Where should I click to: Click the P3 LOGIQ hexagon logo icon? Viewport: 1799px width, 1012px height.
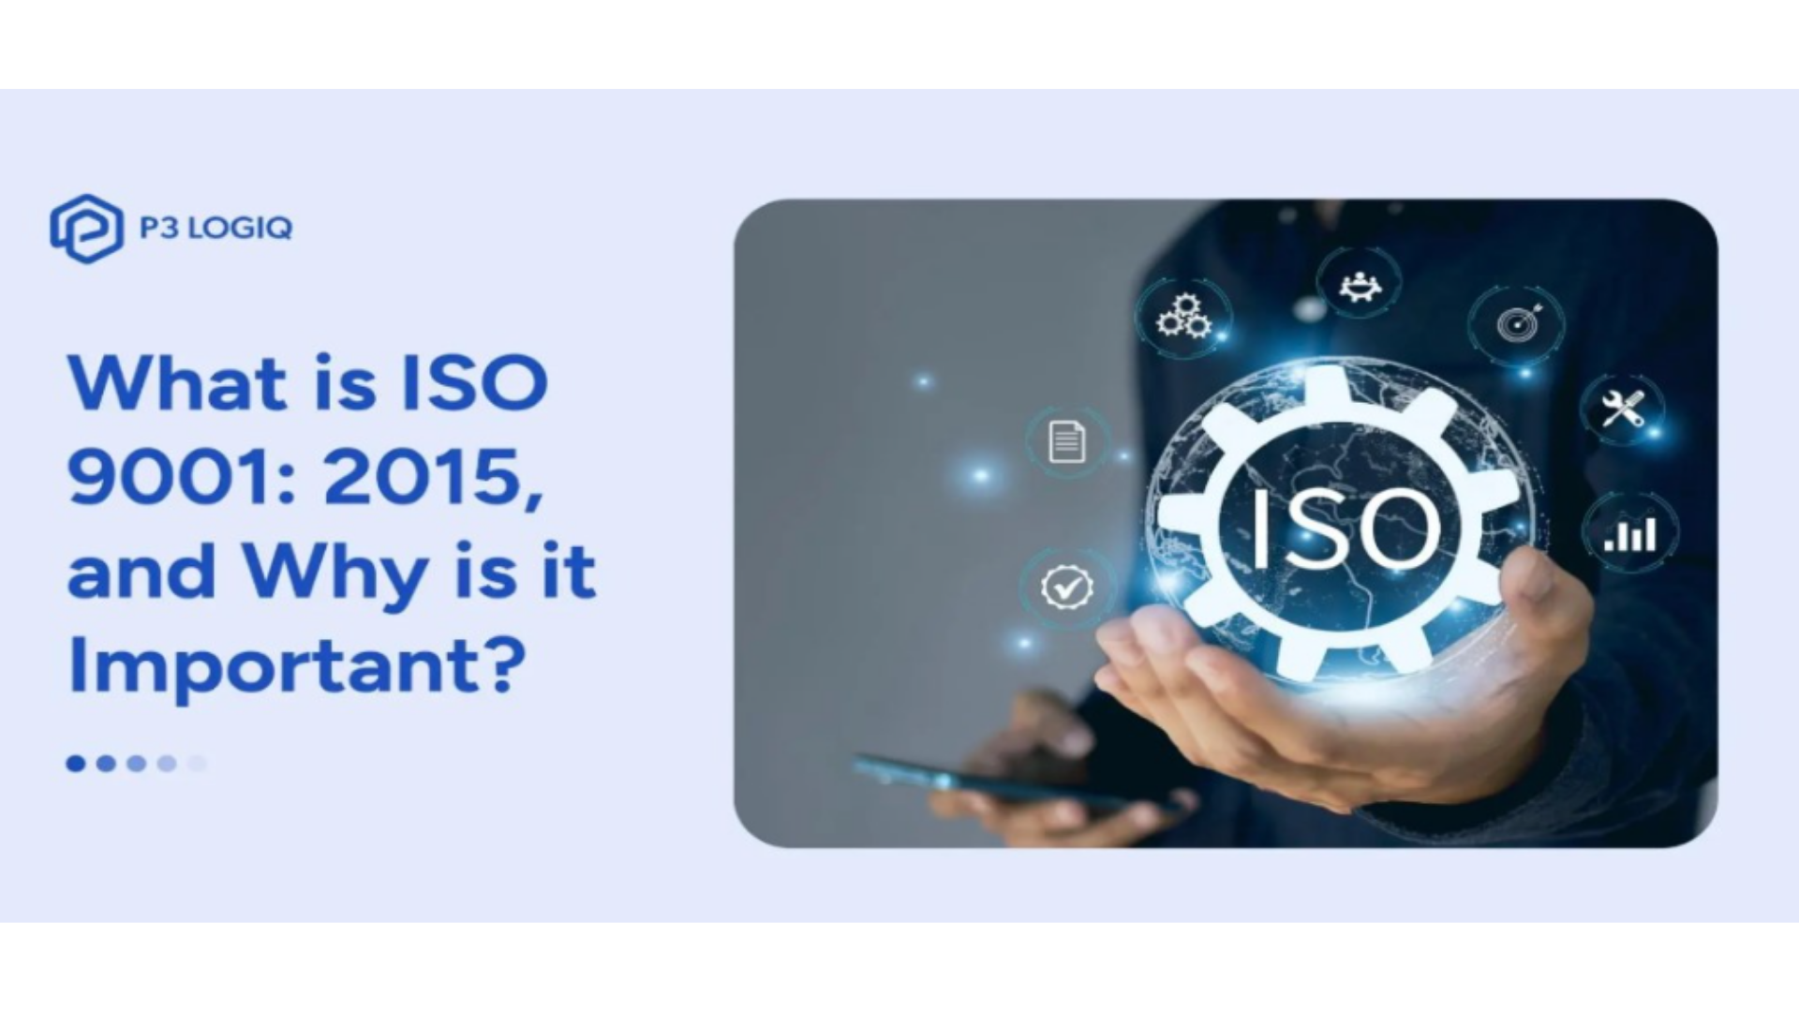pos(86,229)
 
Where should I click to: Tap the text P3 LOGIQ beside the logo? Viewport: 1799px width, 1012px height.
pos(216,228)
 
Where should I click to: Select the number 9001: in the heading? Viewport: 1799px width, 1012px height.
pos(185,477)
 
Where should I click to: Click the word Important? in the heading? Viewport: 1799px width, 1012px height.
pos(297,666)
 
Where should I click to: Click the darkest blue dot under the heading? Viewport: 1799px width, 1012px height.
pos(76,764)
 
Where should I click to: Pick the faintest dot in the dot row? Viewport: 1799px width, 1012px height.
pos(197,764)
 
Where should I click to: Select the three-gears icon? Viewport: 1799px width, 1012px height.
pos(1183,316)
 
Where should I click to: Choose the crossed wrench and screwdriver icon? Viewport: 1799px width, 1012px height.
pos(1623,409)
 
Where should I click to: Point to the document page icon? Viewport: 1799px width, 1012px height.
pos(1066,442)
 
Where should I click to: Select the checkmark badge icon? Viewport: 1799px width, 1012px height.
pos(1066,588)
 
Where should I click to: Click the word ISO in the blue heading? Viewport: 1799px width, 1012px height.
pos(474,383)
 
